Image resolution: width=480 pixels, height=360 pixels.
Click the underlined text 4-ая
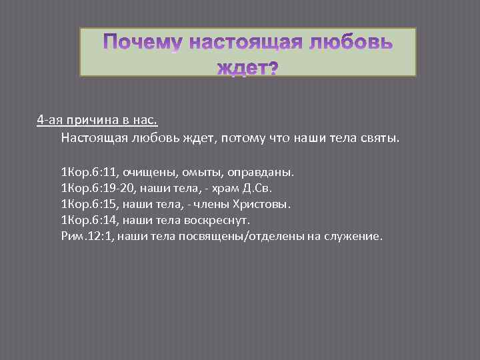pos(50,120)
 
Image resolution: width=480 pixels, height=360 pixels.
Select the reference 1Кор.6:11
pos(87,172)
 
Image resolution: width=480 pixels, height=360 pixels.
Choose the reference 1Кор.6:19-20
pos(96,188)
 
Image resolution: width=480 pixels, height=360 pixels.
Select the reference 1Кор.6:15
pos(87,204)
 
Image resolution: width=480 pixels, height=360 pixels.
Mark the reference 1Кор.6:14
pos(87,220)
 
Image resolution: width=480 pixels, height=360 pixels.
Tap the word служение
pos(353,236)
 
